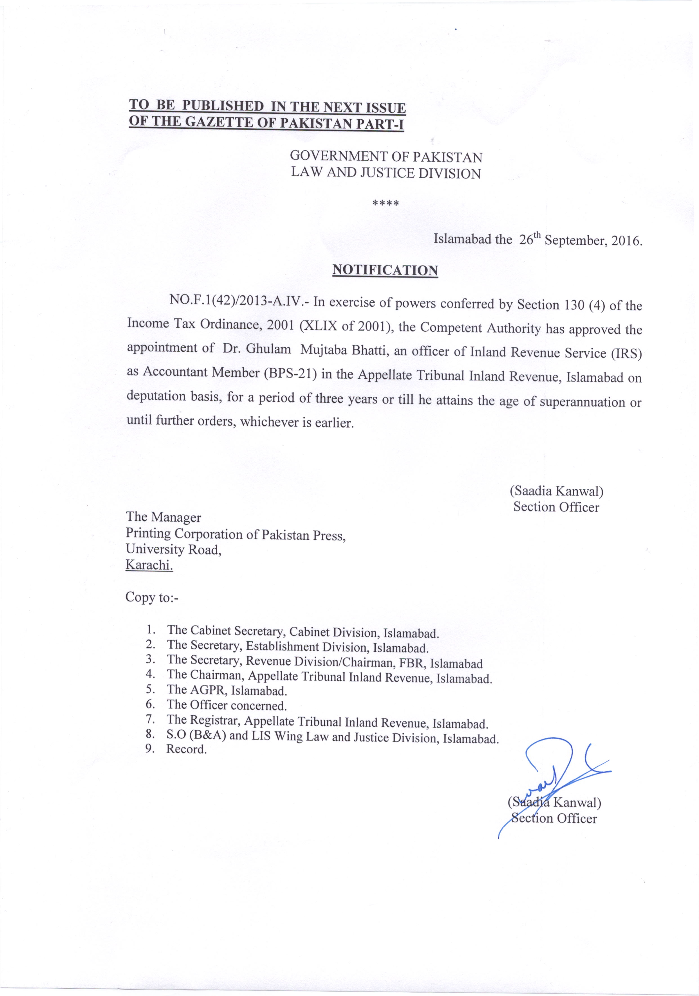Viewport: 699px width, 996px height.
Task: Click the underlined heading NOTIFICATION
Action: (x=385, y=270)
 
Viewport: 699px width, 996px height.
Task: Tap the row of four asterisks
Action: (x=386, y=203)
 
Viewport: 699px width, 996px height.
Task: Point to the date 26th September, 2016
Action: (x=580, y=240)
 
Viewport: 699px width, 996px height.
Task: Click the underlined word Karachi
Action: (x=149, y=565)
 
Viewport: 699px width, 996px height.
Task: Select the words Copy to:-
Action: (x=152, y=597)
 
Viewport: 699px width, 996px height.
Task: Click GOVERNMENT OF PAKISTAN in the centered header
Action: (x=386, y=157)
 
